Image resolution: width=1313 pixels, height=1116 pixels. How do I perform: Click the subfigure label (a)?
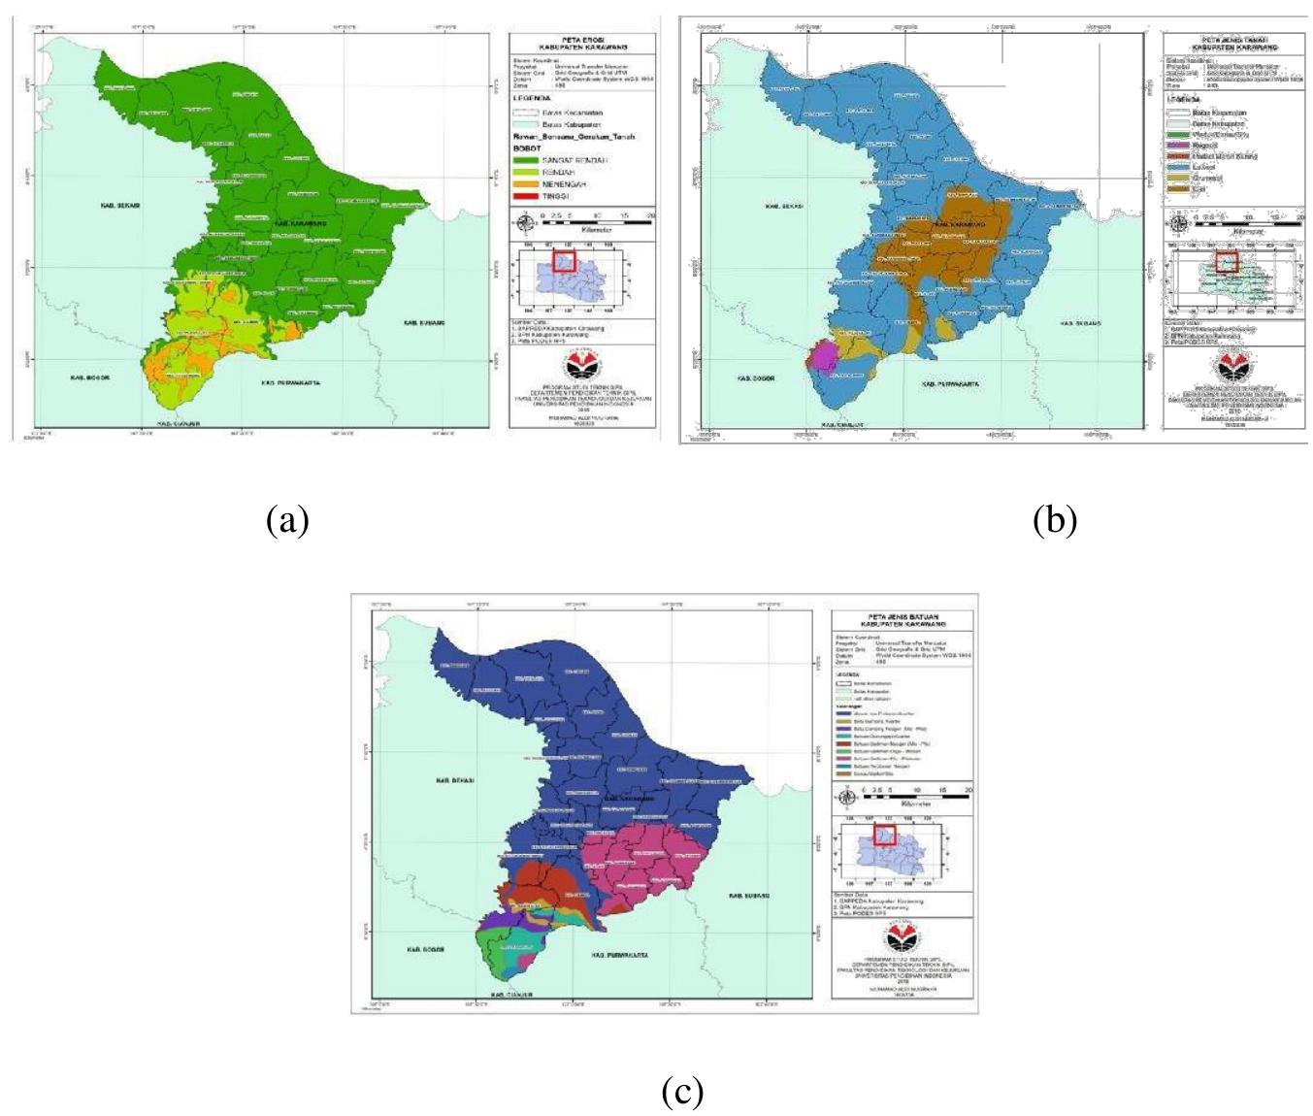click(287, 521)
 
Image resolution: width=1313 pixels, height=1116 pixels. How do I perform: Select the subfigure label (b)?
click(1055, 521)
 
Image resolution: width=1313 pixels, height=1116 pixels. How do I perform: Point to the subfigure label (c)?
click(682, 1092)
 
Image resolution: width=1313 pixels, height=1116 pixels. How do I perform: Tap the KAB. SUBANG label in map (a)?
click(425, 322)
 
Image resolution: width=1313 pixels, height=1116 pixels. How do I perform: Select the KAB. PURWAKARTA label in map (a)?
click(291, 383)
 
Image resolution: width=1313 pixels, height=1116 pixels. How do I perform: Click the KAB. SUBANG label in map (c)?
click(750, 895)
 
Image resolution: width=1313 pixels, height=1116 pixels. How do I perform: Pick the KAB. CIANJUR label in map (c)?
click(511, 996)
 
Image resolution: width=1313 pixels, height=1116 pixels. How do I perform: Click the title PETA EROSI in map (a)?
click(583, 40)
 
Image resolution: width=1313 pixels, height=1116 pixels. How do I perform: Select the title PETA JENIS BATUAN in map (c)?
click(903, 616)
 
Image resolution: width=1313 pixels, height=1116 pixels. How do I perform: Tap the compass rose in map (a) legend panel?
click(526, 222)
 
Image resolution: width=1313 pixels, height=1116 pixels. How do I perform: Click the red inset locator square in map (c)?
click(884, 834)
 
